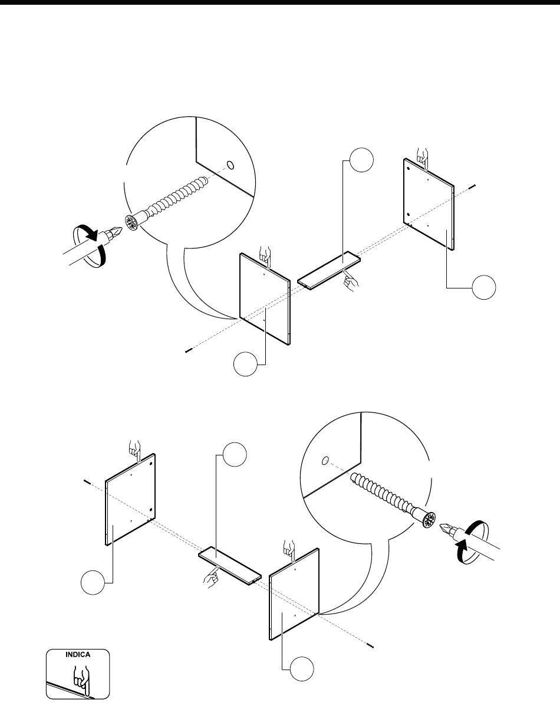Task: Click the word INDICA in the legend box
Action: [x=78, y=655]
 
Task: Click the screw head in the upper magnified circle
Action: [x=131, y=222]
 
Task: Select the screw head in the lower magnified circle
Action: [x=429, y=521]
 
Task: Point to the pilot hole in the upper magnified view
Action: [x=230, y=165]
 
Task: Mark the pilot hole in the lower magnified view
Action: [x=325, y=461]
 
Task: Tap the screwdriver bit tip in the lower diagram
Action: [x=442, y=526]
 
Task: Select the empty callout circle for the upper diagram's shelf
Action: [x=362, y=160]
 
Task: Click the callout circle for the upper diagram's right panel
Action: [x=484, y=287]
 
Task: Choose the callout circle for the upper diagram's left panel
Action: [x=246, y=365]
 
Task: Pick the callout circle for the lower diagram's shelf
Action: [x=235, y=454]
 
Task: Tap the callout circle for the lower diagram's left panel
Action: [x=93, y=582]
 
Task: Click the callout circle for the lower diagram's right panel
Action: [x=302, y=669]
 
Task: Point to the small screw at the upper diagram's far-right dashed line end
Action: [x=472, y=186]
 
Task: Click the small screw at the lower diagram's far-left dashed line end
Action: [x=87, y=482]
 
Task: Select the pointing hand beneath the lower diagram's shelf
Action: [x=210, y=576]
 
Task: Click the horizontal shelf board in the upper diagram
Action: [x=329, y=270]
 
